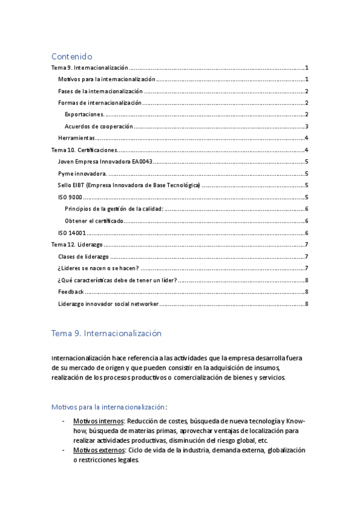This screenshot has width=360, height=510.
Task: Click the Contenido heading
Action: tap(75, 56)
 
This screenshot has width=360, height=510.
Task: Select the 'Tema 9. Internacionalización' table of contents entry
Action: tap(90, 68)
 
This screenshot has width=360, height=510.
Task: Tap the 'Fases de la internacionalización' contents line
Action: tap(100, 91)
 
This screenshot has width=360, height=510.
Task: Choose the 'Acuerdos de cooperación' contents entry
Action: tap(99, 126)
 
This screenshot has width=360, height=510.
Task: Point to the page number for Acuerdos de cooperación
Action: tap(307, 126)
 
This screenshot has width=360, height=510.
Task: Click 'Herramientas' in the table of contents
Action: tap(76, 138)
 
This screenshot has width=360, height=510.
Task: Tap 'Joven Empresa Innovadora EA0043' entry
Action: tap(105, 162)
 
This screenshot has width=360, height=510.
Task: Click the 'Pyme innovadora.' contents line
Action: tap(79, 173)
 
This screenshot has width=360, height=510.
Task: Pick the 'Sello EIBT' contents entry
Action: tap(129, 185)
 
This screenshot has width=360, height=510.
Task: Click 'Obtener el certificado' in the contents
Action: tap(94, 221)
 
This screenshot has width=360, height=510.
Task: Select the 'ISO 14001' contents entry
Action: tap(72, 233)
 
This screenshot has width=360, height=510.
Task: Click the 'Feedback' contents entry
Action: tap(71, 292)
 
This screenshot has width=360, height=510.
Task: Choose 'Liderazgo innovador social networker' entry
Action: tap(108, 304)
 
